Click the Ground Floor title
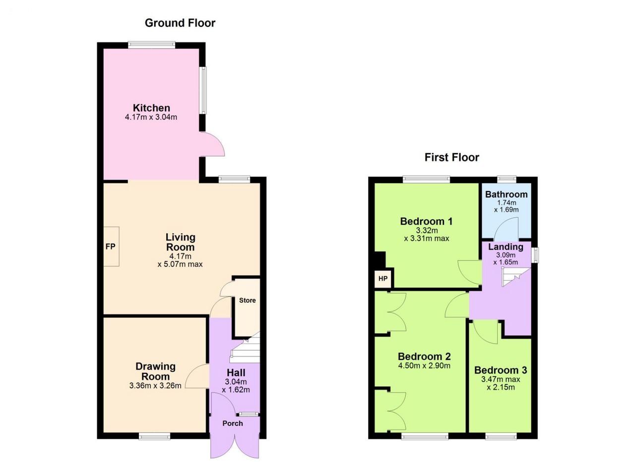pos(180,23)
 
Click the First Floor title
pos(451,157)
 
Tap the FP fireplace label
pos(110,247)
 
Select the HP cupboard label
pos(382,278)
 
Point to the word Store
pos(247,300)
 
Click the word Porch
pos(233,423)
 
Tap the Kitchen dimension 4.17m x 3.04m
pos(151,117)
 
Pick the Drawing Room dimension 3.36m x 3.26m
pos(155,386)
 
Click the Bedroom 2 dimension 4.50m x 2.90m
pos(424,366)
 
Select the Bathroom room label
pos(507,194)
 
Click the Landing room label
pos(506,247)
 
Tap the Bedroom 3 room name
pos(501,370)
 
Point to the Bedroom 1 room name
pos(426,221)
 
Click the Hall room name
pos(236,373)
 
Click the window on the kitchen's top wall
pos(151,45)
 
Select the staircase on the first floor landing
pos(515,277)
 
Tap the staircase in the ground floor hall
pos(245,348)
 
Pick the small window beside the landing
pos(535,255)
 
